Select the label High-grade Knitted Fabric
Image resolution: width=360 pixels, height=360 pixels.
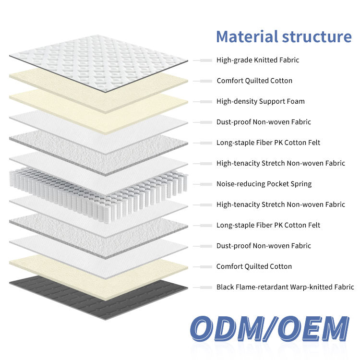(258, 60)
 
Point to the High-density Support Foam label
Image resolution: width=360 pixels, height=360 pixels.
(261, 101)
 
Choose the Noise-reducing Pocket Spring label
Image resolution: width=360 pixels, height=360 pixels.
(264, 184)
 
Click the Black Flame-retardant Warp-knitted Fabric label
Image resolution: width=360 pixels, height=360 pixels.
(285, 287)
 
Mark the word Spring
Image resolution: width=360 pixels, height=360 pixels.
(301, 184)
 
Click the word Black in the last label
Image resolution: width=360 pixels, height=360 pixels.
(225, 287)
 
